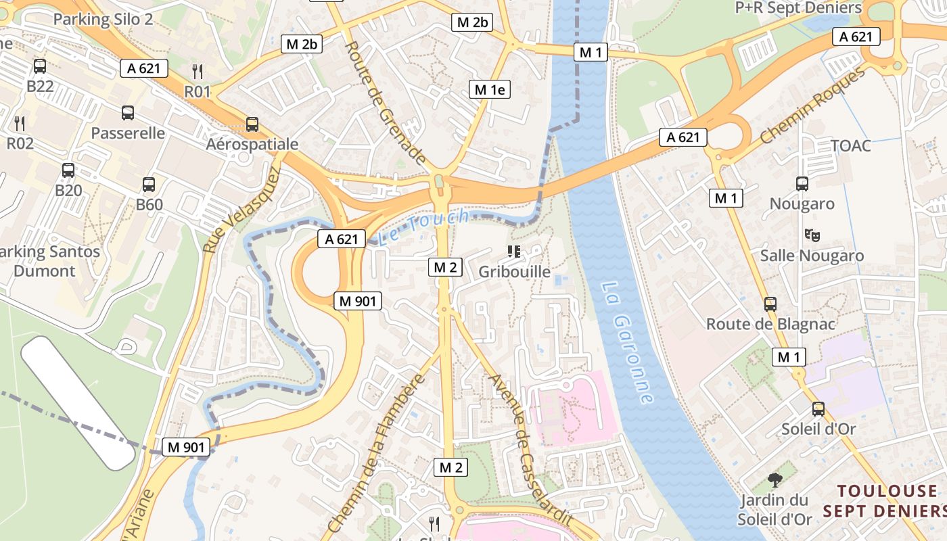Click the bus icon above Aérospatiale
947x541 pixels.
(252, 124)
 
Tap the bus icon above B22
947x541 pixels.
(40, 66)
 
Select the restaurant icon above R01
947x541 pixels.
(198, 70)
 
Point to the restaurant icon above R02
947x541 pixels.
(20, 122)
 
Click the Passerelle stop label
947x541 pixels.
(128, 133)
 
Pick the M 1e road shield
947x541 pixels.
(490, 89)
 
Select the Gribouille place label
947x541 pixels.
(514, 271)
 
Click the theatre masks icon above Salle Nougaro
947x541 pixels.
(812, 235)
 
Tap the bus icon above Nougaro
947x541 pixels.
(802, 183)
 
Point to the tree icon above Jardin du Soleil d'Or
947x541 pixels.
(775, 480)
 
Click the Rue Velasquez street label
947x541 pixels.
(241, 211)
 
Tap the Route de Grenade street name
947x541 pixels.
(384, 103)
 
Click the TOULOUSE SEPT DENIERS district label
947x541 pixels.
(887, 500)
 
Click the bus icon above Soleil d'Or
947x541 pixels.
(818, 408)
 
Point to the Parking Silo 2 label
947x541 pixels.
(103, 19)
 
